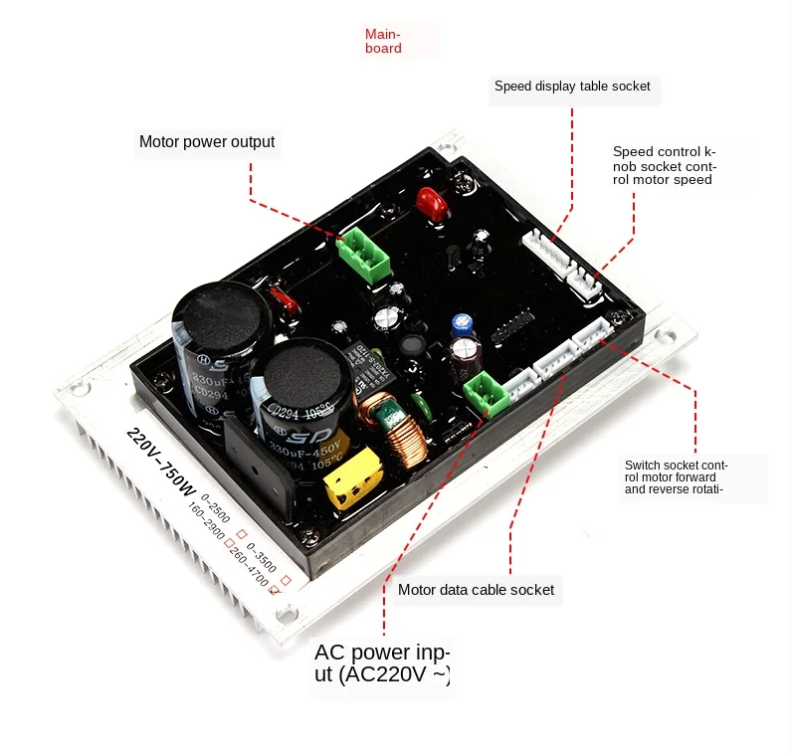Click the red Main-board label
pos(383,41)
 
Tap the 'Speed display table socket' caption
pos(572,87)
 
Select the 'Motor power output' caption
pos(207,142)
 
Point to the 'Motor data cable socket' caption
pos(476,590)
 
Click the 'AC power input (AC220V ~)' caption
pos(382,664)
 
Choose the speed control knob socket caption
pos(664,165)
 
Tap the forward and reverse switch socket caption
pos(677,476)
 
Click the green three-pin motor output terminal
pos(363,255)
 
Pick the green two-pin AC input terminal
pos(488,392)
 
